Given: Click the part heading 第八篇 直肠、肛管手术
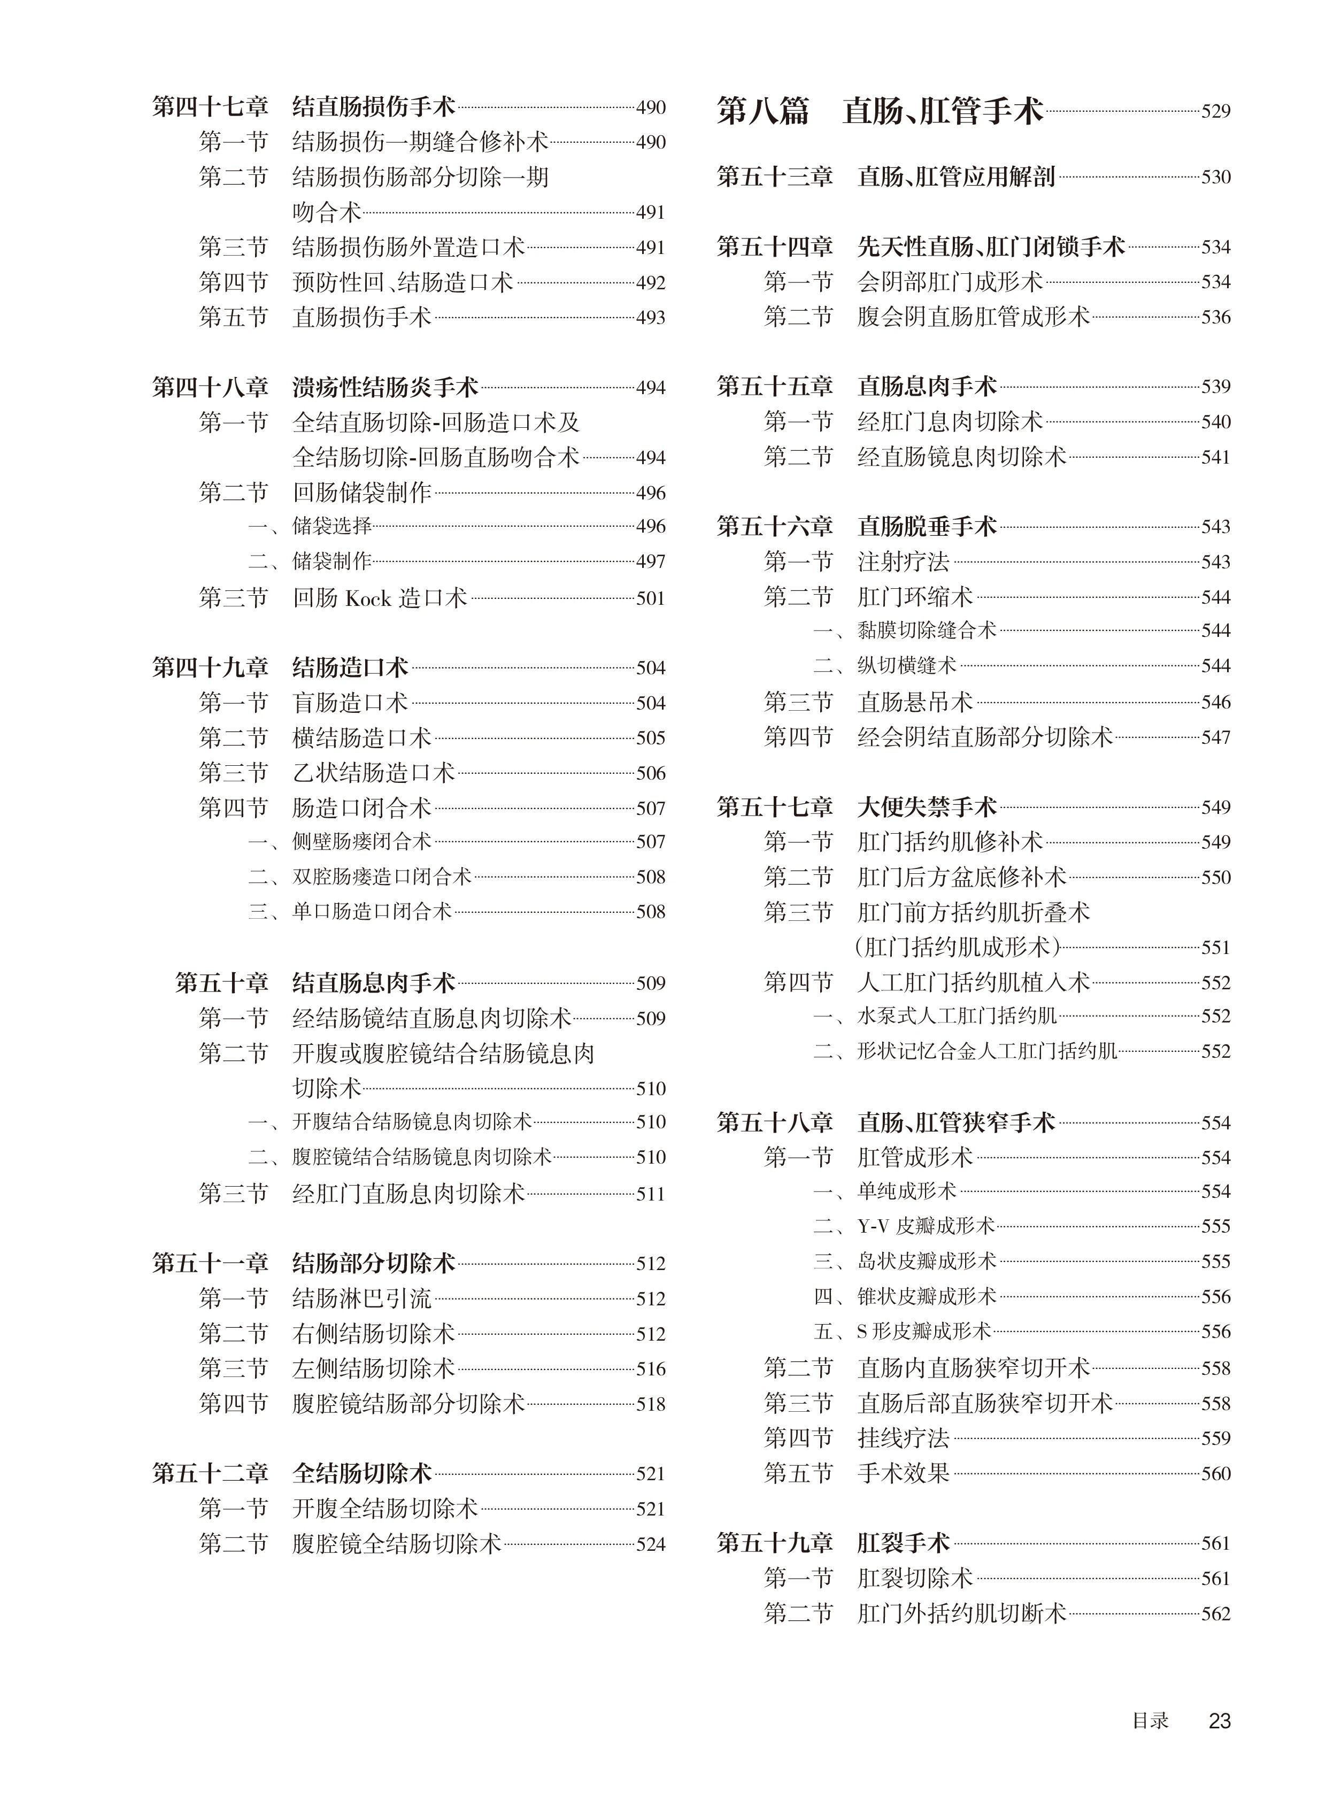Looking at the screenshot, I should [x=879, y=111].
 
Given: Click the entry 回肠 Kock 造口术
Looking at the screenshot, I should [x=380, y=598].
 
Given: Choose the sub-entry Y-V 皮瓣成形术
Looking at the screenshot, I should [x=926, y=1226].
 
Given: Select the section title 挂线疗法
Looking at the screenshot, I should [x=903, y=1438].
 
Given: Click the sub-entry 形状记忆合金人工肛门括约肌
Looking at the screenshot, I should [x=987, y=1051].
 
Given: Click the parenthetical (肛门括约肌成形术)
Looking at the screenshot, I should [x=958, y=948].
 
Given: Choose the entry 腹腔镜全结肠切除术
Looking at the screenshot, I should [x=397, y=1543].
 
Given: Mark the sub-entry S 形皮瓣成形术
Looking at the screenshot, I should [x=924, y=1331].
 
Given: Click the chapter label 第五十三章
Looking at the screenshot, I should [x=775, y=176].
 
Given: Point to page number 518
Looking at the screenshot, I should [x=650, y=1404].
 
